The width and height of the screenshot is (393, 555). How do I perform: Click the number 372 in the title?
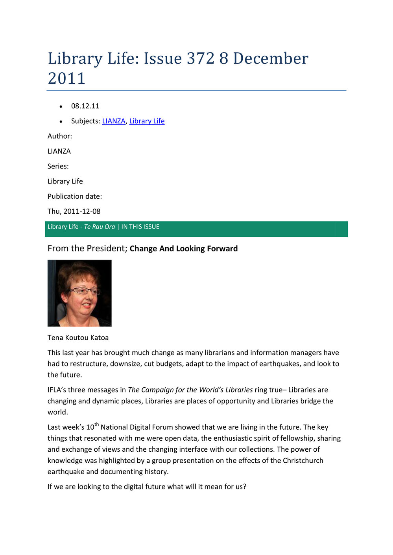pos(201,59)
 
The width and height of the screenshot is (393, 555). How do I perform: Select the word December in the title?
pos(271,59)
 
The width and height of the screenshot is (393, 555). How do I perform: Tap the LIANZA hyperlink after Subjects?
pos(114,121)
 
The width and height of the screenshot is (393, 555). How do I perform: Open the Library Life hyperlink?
pos(147,121)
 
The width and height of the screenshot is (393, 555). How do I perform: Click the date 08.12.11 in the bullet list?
pos(85,106)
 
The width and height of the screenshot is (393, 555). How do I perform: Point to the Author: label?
pos(60,136)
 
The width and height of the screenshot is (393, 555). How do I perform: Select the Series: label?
pos(58,166)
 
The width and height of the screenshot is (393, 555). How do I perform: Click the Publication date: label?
pos(75,196)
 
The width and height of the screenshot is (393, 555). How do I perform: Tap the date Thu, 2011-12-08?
pos(74,211)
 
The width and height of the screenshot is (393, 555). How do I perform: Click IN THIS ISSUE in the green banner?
pos(140,227)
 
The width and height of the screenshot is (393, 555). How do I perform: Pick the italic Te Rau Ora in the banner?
pos(100,227)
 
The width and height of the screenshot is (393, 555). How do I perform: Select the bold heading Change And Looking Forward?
pos(184,249)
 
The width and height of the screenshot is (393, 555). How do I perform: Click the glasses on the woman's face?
pos(84,291)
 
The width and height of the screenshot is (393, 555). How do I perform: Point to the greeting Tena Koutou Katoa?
pos(78,338)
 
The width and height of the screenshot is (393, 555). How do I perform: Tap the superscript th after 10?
pos(97,424)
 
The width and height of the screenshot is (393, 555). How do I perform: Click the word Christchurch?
pos(303,460)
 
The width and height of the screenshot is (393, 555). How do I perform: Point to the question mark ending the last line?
pos(245,487)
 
